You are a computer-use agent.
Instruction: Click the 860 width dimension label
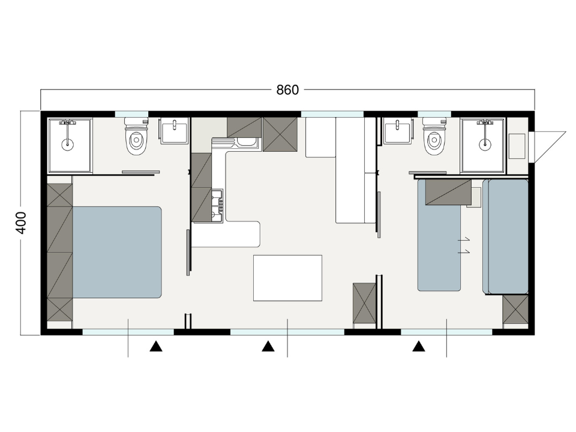(287, 89)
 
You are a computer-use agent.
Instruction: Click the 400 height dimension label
(22, 223)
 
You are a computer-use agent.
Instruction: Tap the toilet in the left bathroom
(136, 136)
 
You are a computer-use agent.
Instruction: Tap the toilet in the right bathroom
(434, 136)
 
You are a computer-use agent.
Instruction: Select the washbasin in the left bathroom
(175, 131)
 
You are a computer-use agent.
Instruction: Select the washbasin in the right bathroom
(397, 131)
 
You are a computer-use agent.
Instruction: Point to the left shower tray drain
(67, 144)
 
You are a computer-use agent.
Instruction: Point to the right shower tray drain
(485, 144)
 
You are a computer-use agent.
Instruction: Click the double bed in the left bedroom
(117, 252)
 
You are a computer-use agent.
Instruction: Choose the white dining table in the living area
(287, 278)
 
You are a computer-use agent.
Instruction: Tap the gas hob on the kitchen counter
(217, 205)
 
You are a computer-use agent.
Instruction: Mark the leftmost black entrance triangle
(156, 346)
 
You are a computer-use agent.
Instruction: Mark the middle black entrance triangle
(268, 346)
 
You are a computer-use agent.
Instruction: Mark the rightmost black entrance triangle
(418, 346)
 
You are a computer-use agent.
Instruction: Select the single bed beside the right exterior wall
(506, 237)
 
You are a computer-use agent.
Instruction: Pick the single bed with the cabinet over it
(439, 235)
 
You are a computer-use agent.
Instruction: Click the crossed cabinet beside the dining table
(364, 303)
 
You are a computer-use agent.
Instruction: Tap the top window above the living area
(332, 114)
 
